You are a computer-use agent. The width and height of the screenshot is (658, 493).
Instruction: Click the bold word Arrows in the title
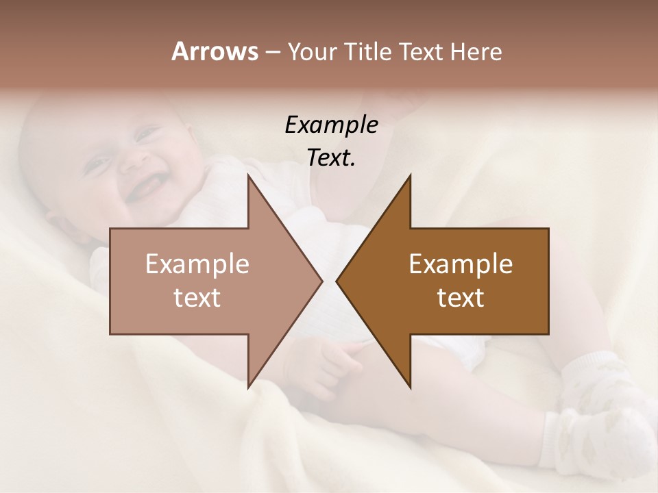pyautogui.click(x=215, y=51)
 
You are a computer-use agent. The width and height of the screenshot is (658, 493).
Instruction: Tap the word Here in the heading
pyautogui.click(x=476, y=51)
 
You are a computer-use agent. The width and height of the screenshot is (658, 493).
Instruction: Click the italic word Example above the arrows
pyautogui.click(x=331, y=125)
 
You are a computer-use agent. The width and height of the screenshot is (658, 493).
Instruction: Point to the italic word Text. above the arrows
pyautogui.click(x=331, y=157)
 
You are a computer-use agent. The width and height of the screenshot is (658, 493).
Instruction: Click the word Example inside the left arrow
pyautogui.click(x=197, y=264)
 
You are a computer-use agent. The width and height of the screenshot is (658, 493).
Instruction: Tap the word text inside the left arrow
pyautogui.click(x=197, y=297)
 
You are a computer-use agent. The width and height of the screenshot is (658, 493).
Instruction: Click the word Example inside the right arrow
pyautogui.click(x=461, y=264)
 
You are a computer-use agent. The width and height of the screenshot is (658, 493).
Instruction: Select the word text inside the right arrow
pyautogui.click(x=461, y=297)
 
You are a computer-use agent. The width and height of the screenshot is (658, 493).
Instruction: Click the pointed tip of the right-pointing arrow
pyautogui.click(x=321, y=281)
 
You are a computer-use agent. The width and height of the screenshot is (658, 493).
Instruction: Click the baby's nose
pyautogui.click(x=137, y=159)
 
